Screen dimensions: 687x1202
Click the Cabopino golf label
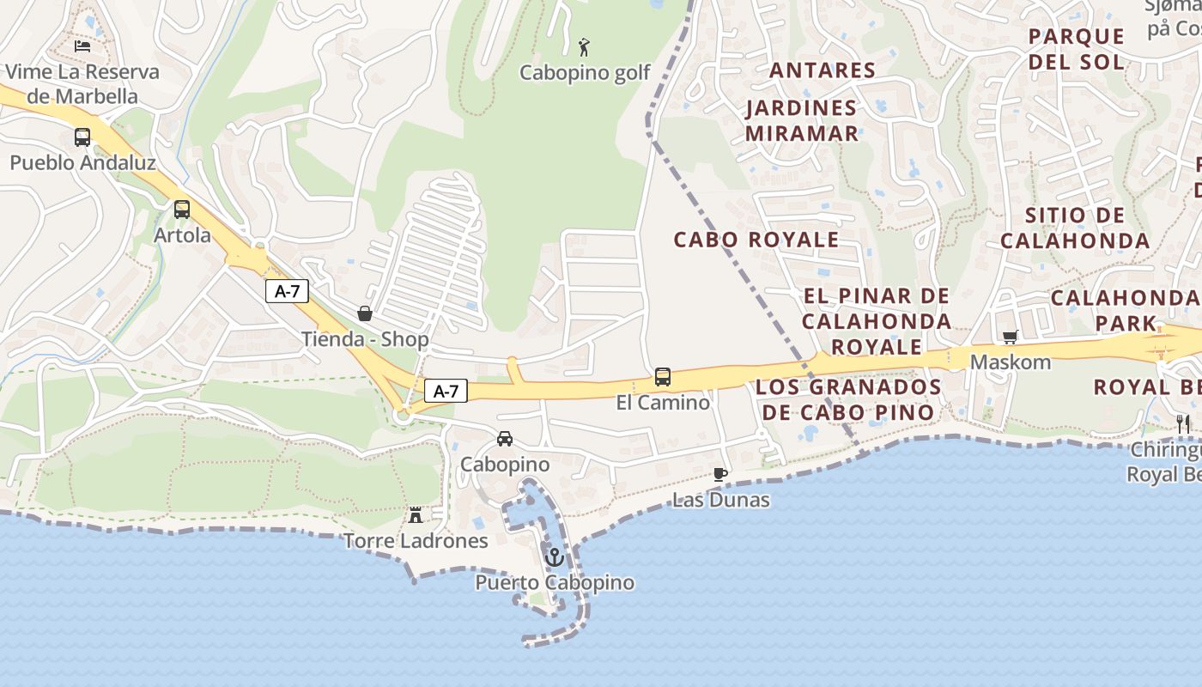click(585, 73)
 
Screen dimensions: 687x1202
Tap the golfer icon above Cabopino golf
click(585, 47)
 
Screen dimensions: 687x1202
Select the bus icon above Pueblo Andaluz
click(82, 137)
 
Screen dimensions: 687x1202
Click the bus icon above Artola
click(182, 210)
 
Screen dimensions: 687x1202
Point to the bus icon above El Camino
click(663, 377)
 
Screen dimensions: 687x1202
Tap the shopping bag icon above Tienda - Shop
click(365, 313)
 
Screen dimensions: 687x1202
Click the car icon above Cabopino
click(505, 439)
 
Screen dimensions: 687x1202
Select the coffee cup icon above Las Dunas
click(720, 474)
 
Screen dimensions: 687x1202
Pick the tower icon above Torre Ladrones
click(416, 515)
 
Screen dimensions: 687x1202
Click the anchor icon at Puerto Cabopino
click(555, 557)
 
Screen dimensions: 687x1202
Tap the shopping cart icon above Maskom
click(1011, 337)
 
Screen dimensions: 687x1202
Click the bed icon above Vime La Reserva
click(82, 46)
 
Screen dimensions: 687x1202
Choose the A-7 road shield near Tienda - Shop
click(287, 292)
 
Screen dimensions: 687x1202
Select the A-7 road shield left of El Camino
click(446, 392)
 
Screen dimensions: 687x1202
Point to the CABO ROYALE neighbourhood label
click(756, 240)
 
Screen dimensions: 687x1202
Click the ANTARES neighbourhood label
click(823, 70)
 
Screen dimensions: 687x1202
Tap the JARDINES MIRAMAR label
click(802, 120)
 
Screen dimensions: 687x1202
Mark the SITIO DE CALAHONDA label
click(1075, 228)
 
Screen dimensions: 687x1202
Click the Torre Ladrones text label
click(416, 541)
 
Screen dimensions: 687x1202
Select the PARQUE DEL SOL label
click(1076, 49)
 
